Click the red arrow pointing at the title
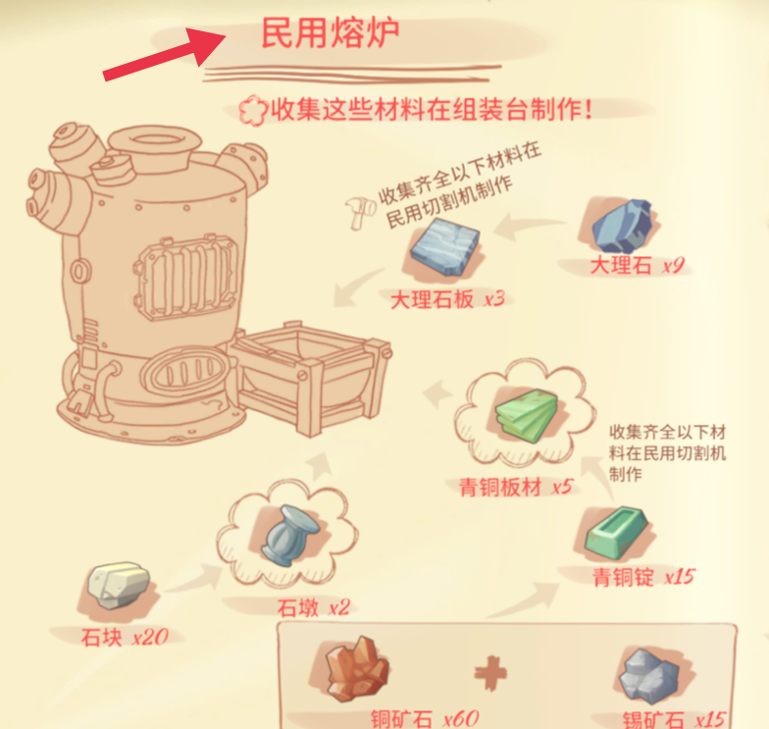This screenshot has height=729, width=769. pos(165,54)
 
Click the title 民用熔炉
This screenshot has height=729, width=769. pos(330,33)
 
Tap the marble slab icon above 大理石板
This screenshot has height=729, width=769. pos(445,246)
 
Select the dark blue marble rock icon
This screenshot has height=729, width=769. pos(622,226)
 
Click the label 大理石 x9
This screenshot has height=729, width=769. pos(637,265)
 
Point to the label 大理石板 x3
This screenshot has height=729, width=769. pos(447,299)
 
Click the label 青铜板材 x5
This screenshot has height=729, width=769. pos(516,487)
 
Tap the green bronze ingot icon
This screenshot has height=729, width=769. pos(617,534)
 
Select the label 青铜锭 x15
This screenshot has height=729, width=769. pos(643,577)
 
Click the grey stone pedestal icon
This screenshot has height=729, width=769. pos(290,536)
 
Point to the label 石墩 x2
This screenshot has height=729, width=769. pos(314,608)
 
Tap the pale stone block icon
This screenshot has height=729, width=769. pos(118,585)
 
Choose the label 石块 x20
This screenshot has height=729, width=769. pos(125,638)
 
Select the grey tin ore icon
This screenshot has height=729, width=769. pos(648,675)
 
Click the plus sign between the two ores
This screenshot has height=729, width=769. pos(490,673)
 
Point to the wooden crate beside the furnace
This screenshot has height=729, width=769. pos(310,378)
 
